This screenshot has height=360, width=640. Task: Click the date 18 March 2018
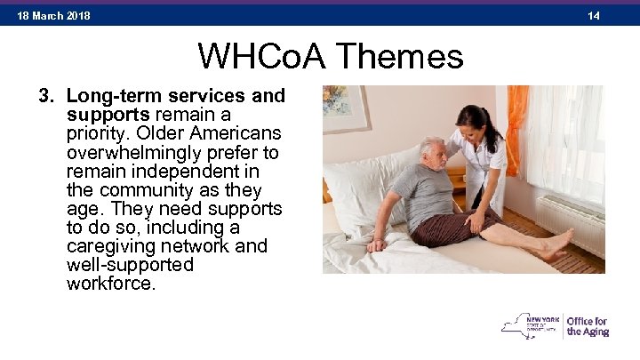tap(53, 16)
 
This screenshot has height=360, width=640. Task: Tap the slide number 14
tap(594, 16)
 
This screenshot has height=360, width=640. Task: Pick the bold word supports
tap(108, 115)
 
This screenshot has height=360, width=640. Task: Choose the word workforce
tap(110, 284)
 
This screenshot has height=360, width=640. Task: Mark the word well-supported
tap(130, 266)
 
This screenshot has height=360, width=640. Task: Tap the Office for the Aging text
tap(588, 326)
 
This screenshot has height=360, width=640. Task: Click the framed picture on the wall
tap(345, 108)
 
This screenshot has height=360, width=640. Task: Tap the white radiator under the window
tap(569, 224)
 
